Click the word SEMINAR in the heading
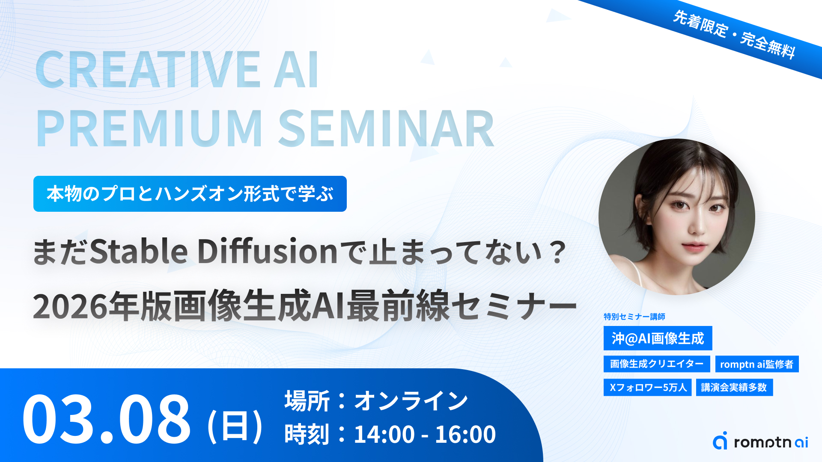[x=387, y=128]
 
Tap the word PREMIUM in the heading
[x=149, y=128]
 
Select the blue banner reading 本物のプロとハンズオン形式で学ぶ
[x=190, y=194]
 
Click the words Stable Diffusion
[x=214, y=251]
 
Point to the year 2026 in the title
[x=70, y=307]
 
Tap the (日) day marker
[x=235, y=426]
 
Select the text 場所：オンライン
[x=376, y=401]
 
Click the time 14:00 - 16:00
[x=425, y=434]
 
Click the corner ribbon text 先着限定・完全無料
[x=734, y=35]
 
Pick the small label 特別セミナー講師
[x=634, y=317]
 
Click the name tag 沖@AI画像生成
[x=658, y=338]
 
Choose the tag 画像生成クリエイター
[x=657, y=364]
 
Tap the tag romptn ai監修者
[x=757, y=364]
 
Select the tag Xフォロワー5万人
[x=648, y=388]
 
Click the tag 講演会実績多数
[x=734, y=388]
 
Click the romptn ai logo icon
[x=720, y=441]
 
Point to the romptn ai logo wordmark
[x=771, y=442]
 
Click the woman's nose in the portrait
[x=697, y=226]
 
